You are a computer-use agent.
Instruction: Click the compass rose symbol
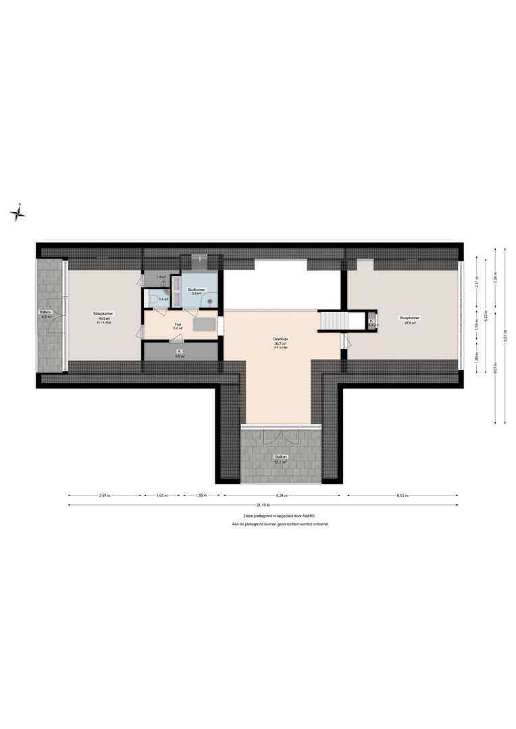[18, 213]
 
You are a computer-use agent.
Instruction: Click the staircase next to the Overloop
[332, 320]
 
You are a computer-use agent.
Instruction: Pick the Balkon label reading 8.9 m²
[46, 314]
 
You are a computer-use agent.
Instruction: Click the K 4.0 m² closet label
[180, 353]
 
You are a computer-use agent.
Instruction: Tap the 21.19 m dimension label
[262, 505]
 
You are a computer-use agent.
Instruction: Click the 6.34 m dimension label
[282, 495]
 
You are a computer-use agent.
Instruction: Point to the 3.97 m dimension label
[104, 495]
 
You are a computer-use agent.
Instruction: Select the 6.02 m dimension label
[403, 495]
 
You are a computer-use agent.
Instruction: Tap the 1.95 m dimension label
[161, 495]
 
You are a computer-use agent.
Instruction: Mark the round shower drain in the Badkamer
[210, 302]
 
